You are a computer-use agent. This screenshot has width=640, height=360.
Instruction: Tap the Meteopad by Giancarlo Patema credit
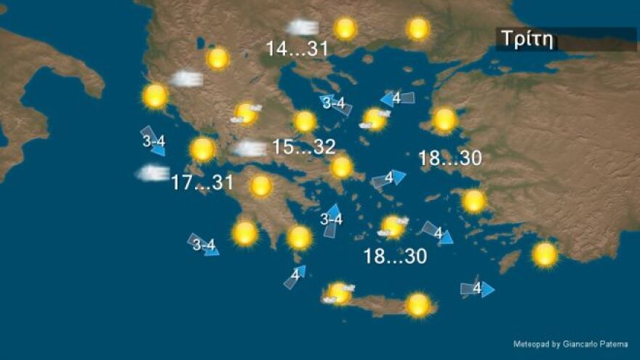point(569,343)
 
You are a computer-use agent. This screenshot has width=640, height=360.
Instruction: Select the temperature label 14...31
point(297,49)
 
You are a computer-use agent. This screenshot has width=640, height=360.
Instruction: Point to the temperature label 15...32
point(304,147)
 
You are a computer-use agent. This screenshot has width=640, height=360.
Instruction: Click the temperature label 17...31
point(202,183)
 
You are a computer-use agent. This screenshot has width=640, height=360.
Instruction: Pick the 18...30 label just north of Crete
point(395,256)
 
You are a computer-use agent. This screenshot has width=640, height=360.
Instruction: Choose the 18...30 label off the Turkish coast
point(451,159)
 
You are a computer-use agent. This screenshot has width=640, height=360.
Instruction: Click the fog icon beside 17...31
point(152,173)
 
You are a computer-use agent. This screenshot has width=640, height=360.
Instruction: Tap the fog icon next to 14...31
point(301,28)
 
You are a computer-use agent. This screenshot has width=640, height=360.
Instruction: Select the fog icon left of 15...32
point(250,149)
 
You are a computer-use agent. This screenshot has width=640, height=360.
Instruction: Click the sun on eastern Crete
point(418,305)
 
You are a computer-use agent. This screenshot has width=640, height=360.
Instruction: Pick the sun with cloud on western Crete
point(339,293)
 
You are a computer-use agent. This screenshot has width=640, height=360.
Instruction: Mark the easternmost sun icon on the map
point(545,255)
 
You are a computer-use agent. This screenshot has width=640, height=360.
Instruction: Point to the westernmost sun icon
point(155,96)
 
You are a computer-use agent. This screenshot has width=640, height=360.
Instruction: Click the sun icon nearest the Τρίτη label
point(418,29)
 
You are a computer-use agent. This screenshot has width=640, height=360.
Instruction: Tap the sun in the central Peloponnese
point(261,186)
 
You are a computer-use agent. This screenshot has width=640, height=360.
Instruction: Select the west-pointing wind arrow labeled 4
point(397,98)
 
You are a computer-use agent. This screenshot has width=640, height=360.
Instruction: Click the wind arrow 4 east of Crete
point(477,289)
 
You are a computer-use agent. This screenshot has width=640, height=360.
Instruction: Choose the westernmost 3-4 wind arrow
point(153,140)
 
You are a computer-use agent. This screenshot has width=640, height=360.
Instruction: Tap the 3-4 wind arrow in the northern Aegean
point(335,104)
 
